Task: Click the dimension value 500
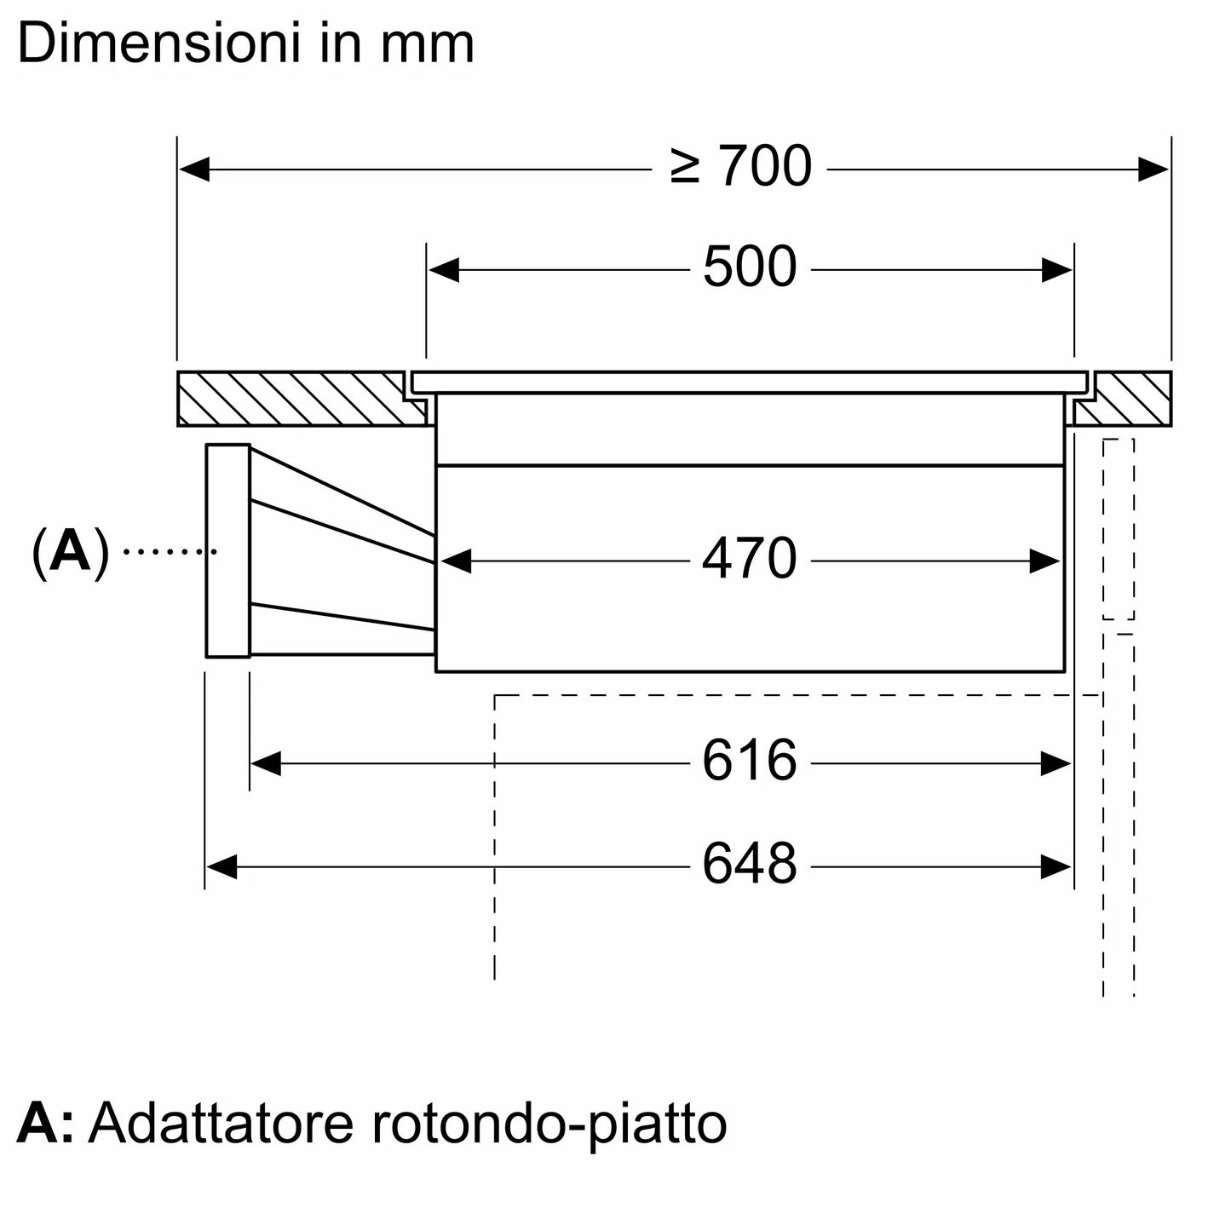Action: point(749,268)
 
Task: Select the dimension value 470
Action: point(749,561)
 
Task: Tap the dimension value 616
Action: point(749,762)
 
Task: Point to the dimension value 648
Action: point(749,865)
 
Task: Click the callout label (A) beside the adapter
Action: point(71,552)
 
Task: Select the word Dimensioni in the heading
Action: point(158,44)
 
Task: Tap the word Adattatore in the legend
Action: point(221,1124)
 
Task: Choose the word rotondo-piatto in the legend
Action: point(549,1125)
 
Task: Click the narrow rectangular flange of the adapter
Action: point(227,550)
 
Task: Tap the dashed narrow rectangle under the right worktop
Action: point(1119,529)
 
